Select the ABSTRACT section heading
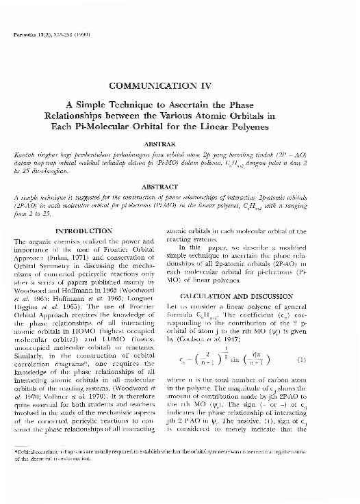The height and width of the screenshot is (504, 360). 180,185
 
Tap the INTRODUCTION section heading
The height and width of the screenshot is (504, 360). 83,232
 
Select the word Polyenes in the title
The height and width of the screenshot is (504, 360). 248,127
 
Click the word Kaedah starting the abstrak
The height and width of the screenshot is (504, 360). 25,156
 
